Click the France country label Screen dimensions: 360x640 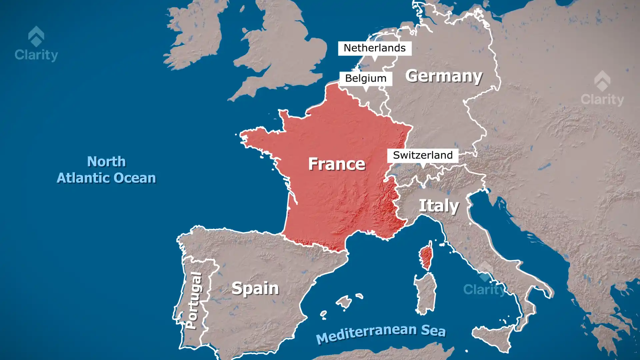[x=337, y=164]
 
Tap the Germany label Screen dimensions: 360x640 [x=444, y=76]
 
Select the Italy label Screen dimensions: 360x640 [x=439, y=206]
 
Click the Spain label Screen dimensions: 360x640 [x=255, y=288]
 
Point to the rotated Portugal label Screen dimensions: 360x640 [x=194, y=301]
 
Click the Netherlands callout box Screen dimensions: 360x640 [x=374, y=48]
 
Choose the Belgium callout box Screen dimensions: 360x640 [x=365, y=78]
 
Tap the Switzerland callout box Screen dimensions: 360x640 [x=422, y=155]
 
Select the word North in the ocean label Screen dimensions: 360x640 [x=106, y=162]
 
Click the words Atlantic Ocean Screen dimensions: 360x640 [x=106, y=178]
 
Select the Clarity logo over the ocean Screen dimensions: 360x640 [x=36, y=44]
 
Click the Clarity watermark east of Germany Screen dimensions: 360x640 [x=602, y=89]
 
